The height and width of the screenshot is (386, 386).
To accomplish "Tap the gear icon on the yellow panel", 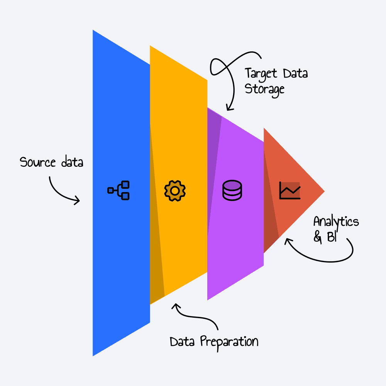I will coord(175,190).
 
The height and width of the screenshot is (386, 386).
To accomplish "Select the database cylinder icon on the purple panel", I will coord(232,190).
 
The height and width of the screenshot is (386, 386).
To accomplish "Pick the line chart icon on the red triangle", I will coord(289,190).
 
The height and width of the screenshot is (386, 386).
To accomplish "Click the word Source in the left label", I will coord(38,162).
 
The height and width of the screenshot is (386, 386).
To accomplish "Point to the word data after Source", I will coord(72,162).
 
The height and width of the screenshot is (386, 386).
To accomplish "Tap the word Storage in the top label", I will coord(265,89).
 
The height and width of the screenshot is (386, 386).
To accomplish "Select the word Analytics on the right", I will coord(336,222).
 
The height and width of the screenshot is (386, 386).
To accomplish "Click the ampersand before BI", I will coord(318,237).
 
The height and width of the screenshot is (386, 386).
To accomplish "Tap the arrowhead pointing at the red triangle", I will coord(286,241).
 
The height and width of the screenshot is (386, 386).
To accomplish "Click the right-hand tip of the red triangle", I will coord(323,191).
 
